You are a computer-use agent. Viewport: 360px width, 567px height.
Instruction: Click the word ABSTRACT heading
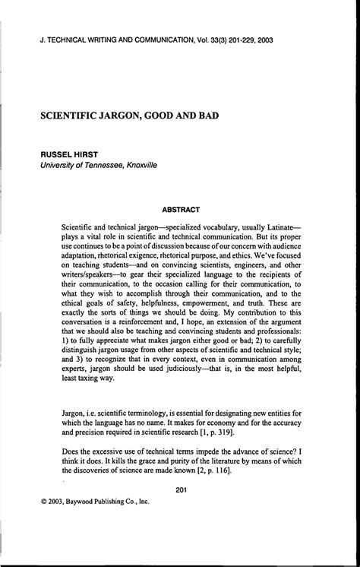pyautogui.click(x=180, y=209)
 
